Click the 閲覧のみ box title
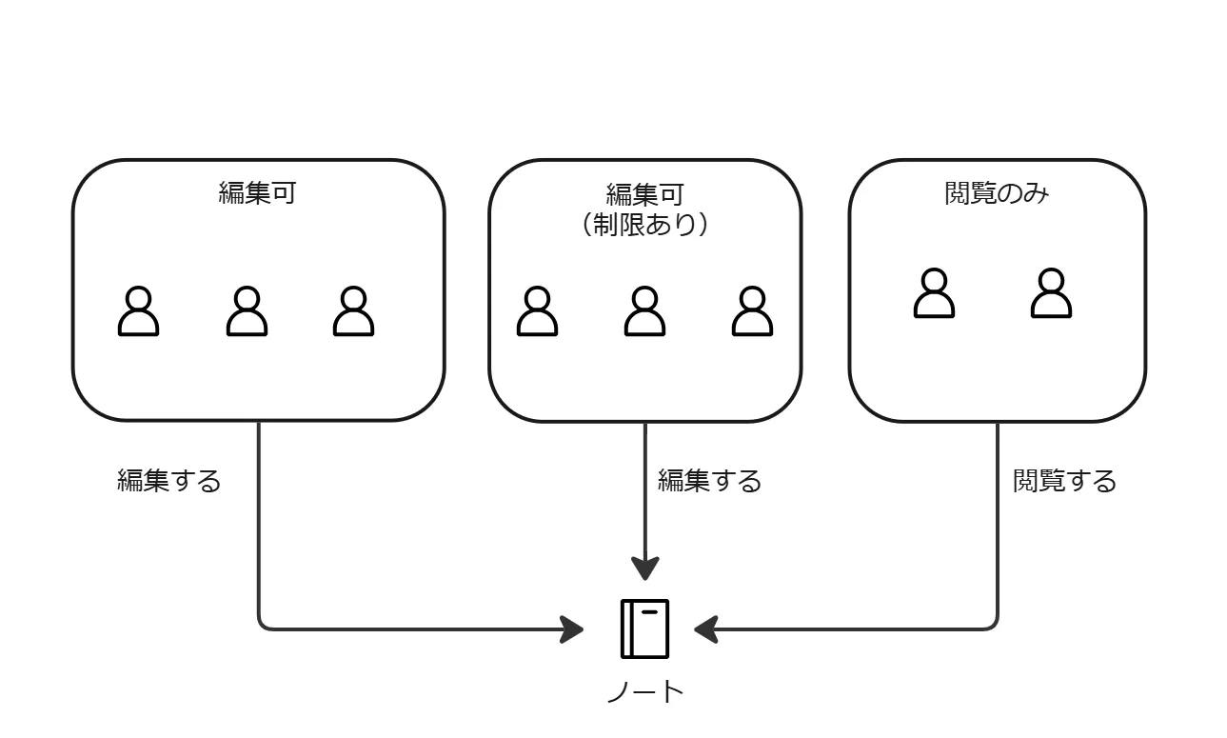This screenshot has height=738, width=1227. point(997,193)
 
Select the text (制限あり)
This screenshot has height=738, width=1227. point(644,225)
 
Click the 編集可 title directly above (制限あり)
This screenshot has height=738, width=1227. point(644,194)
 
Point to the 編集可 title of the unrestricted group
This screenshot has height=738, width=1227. point(257,193)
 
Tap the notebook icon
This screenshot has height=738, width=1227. point(644,628)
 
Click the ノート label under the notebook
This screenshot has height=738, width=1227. point(644,692)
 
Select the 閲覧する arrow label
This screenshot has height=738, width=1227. point(1064,482)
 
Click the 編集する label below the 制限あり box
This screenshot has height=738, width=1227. point(710,482)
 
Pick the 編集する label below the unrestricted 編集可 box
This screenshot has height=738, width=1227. point(168,482)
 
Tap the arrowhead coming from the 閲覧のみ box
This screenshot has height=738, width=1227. point(705,628)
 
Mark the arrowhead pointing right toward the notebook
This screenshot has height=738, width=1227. point(572,628)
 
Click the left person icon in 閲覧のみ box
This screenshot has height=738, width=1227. point(934,293)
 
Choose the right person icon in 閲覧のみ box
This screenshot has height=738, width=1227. point(1051,293)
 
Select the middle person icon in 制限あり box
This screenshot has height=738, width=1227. point(644,311)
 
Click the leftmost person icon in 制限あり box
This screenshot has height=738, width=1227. point(537,311)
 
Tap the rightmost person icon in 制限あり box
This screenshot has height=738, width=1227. point(752,311)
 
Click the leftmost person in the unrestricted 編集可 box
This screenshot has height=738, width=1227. point(138,311)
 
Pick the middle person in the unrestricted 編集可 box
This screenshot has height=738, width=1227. point(247,311)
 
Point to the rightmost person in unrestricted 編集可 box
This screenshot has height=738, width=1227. point(353,311)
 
